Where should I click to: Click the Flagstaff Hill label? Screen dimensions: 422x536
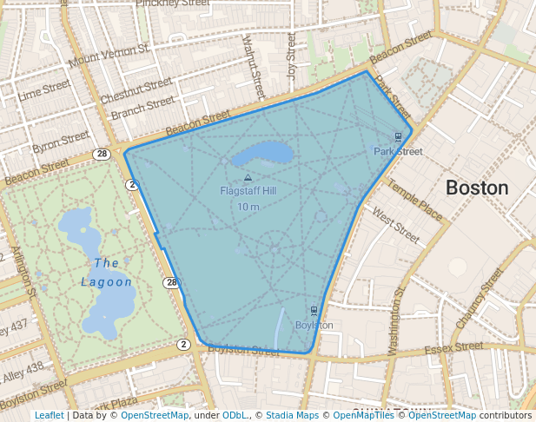pyautogui.click(x=248, y=190)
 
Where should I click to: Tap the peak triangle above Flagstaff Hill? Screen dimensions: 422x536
pyautogui.click(x=248, y=177)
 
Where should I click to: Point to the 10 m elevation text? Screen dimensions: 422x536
pyautogui.click(x=248, y=206)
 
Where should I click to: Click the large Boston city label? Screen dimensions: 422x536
pyautogui.click(x=477, y=188)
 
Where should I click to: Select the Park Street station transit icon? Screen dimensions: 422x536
pyautogui.click(x=398, y=136)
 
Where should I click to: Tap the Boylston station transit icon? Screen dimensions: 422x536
pyautogui.click(x=314, y=310)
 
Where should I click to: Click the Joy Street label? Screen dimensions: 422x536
pyautogui.click(x=292, y=53)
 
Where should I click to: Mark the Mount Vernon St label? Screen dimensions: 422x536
pyautogui.click(x=108, y=58)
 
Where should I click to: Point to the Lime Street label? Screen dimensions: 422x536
pyautogui.click(x=43, y=89)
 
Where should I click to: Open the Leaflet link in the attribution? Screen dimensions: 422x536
pyautogui.click(x=49, y=415)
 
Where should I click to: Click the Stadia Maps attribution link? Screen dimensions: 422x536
pyautogui.click(x=292, y=415)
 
